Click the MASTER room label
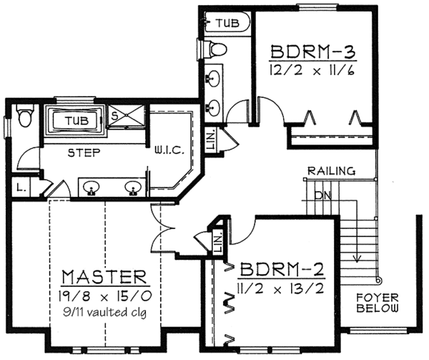pyautogui.click(x=104, y=276)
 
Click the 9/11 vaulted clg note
pyautogui.click(x=105, y=311)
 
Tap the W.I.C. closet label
pyautogui.click(x=169, y=150)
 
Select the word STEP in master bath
pyautogui.click(x=84, y=152)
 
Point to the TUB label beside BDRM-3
pyautogui.click(x=227, y=24)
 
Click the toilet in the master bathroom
pyautogui.click(x=25, y=115)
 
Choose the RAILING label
pyautogui.click(x=331, y=171)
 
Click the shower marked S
pyautogui.click(x=113, y=115)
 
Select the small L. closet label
pyautogui.click(x=19, y=188)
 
